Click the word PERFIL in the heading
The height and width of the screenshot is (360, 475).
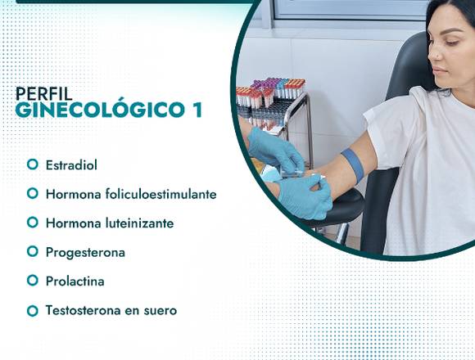click(44, 93)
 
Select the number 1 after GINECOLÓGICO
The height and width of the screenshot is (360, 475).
click(197, 110)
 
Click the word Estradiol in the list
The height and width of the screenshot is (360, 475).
click(71, 165)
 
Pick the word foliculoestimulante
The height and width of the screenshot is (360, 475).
click(161, 194)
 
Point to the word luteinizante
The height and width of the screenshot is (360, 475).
click(140, 223)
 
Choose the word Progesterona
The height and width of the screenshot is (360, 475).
click(85, 253)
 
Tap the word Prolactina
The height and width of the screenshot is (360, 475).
click(75, 281)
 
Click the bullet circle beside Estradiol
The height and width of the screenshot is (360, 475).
click(33, 164)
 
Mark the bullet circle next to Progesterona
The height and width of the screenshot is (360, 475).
click(33, 252)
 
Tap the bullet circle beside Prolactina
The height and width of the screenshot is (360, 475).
click(33, 281)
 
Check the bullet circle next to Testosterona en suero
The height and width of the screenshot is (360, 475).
click(33, 311)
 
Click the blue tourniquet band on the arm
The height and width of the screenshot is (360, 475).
click(353, 165)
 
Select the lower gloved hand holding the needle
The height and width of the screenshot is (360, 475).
click(304, 197)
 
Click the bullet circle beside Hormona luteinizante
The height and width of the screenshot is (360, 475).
click(33, 223)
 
